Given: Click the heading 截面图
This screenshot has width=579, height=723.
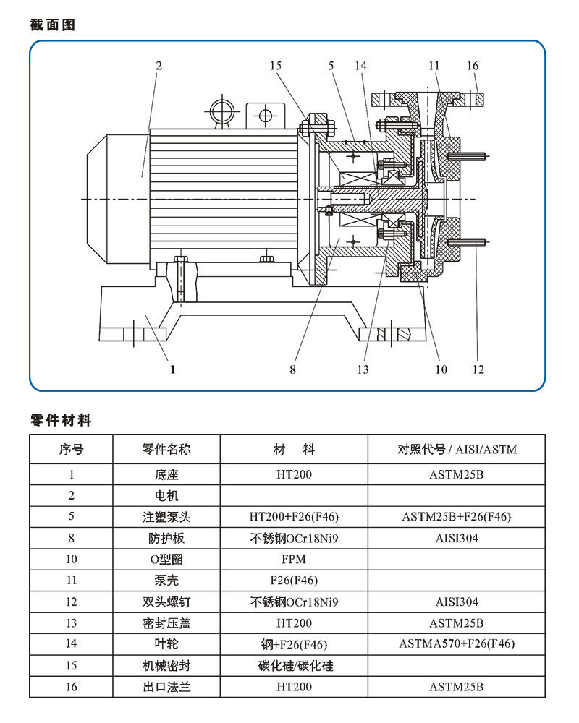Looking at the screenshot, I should point(53,25).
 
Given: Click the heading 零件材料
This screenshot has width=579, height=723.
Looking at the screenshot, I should point(61,420).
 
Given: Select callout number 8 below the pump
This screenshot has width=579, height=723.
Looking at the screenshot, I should point(292,369).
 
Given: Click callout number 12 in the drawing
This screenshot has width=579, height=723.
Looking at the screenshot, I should point(478,369).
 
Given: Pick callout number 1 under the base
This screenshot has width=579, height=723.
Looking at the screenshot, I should point(172,369).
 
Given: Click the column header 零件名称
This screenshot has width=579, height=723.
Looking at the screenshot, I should point(166,450).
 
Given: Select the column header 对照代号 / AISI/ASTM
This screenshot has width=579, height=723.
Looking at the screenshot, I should point(457,450).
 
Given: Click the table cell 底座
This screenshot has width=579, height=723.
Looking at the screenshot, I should point(166,476).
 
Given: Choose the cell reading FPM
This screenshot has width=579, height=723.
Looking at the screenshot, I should point(294,560).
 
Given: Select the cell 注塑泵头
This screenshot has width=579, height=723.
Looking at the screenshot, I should point(166,518).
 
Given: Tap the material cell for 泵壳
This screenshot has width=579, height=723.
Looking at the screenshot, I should point(294,581).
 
